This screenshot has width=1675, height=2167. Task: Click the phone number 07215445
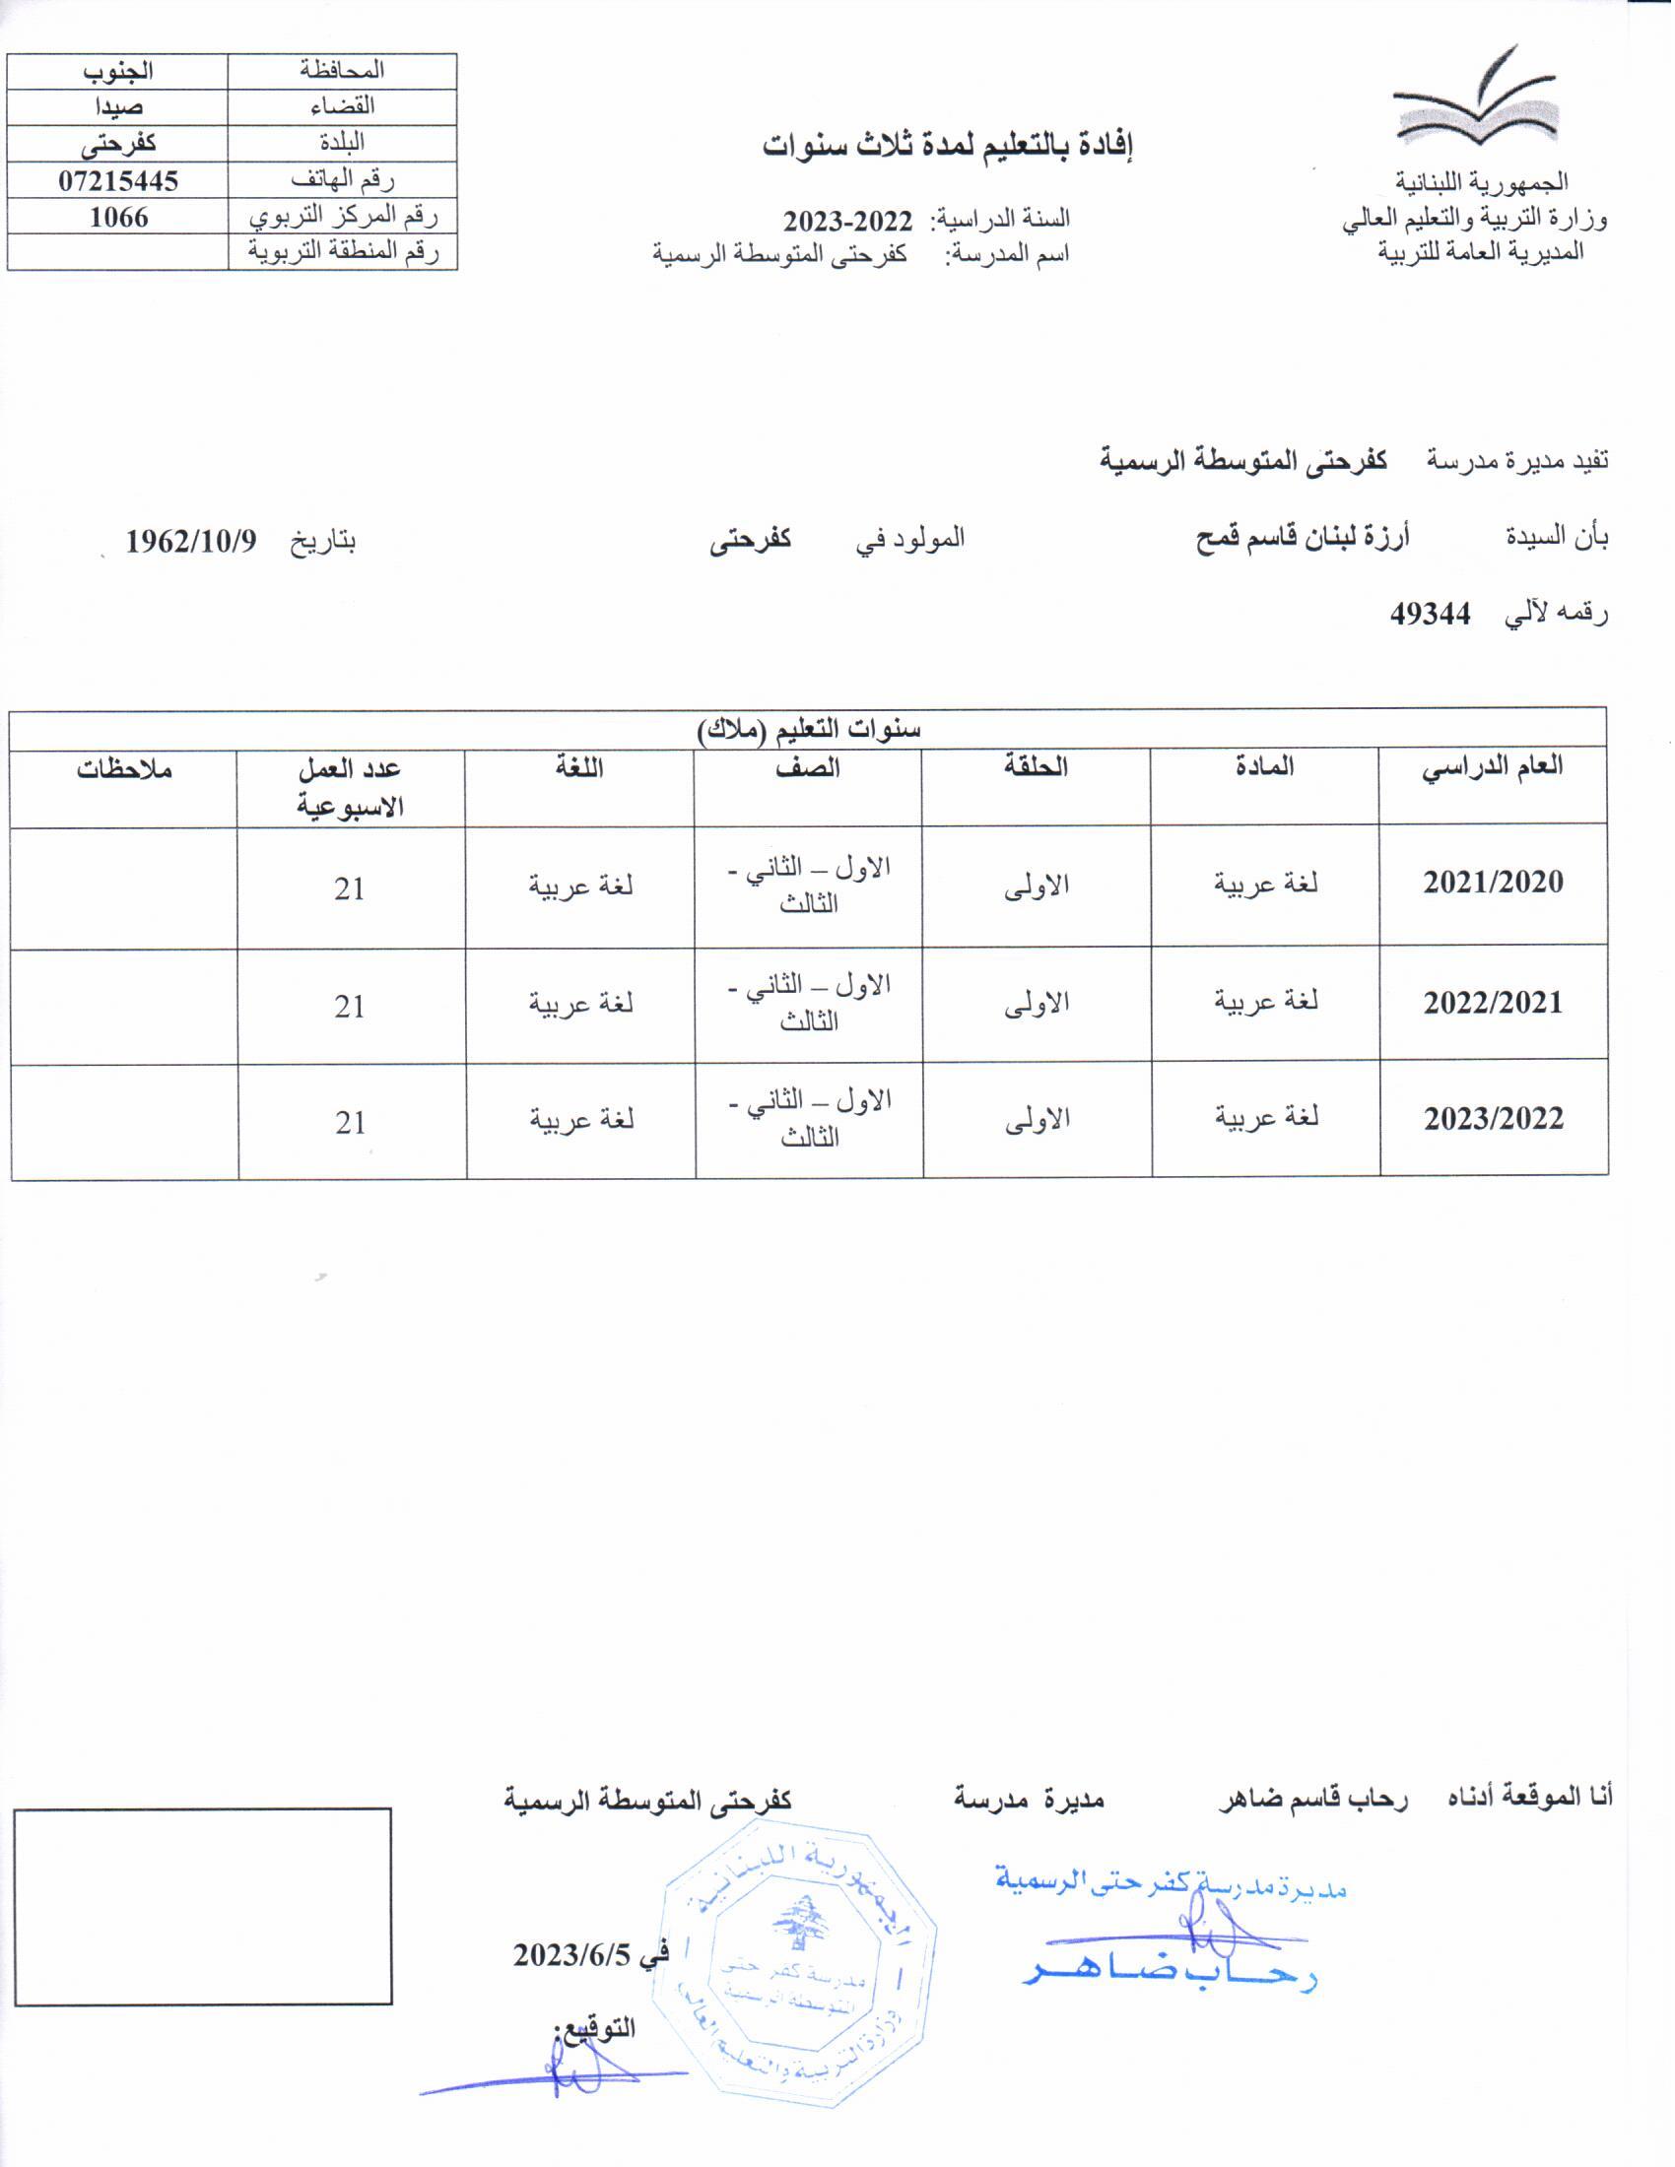click(x=118, y=180)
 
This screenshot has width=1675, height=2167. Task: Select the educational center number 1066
click(x=118, y=218)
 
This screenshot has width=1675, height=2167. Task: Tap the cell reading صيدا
click(x=118, y=107)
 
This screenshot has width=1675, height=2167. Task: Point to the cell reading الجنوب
click(x=118, y=72)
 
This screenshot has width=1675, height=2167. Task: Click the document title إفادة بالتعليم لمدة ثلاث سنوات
click(x=948, y=146)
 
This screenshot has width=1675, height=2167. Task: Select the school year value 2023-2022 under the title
click(x=847, y=220)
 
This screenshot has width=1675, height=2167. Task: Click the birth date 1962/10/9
click(x=191, y=542)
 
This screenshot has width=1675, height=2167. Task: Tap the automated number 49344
click(x=1430, y=615)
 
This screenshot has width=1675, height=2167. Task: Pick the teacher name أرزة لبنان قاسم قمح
click(x=1302, y=539)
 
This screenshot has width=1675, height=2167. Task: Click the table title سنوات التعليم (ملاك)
click(x=809, y=729)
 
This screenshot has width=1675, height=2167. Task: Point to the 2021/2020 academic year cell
click(x=1493, y=883)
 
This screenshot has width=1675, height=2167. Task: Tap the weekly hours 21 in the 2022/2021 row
click(x=350, y=1006)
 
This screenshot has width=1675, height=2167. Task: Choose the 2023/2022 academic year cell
click(x=1494, y=1119)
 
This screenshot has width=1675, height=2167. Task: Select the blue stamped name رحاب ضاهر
click(x=1170, y=1975)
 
